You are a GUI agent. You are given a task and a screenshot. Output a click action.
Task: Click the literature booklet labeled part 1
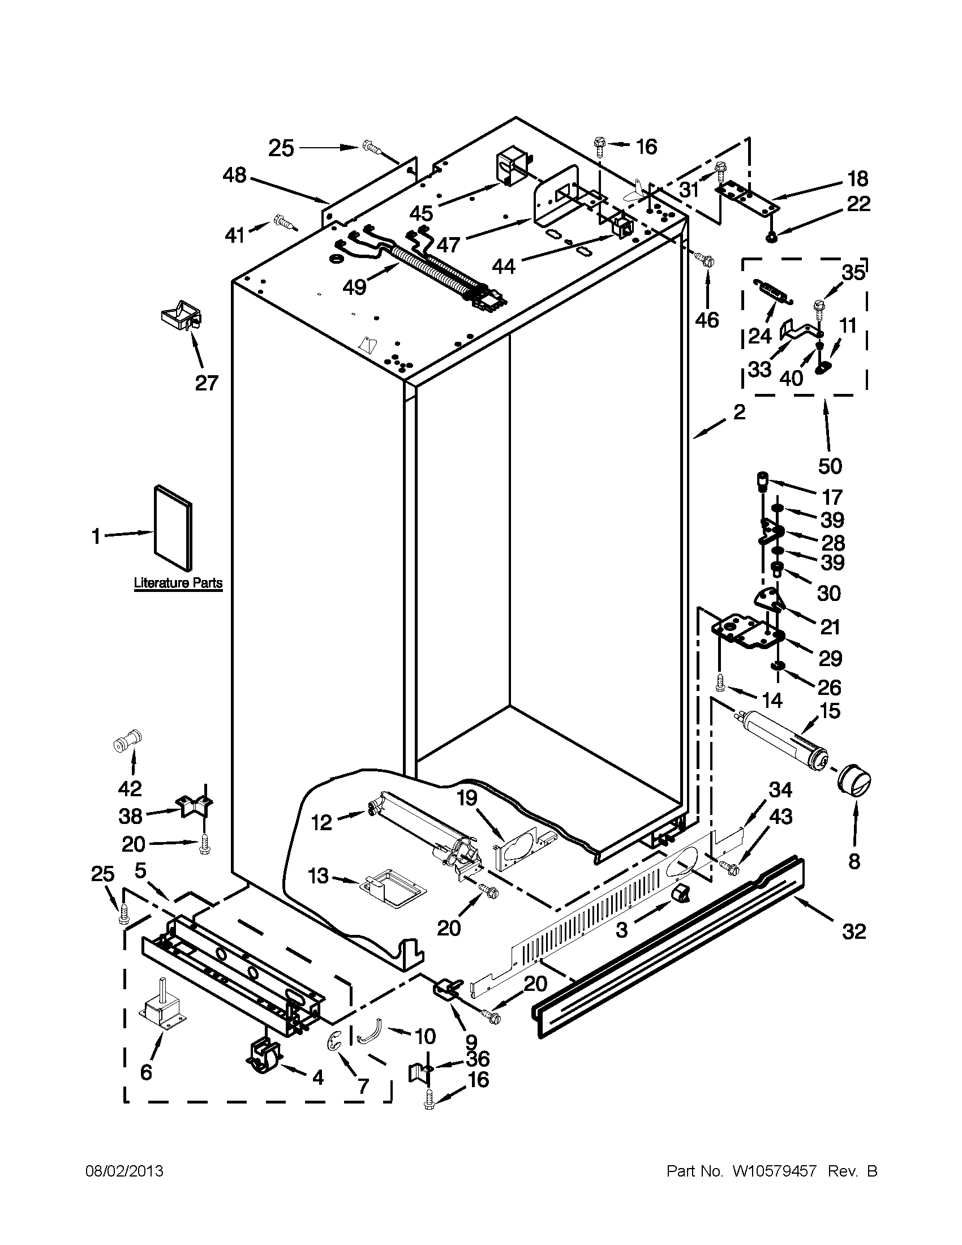173,527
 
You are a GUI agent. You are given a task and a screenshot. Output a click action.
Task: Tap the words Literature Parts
178,583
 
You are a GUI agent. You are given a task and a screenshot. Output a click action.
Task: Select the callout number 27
207,383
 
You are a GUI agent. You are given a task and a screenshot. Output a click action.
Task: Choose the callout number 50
830,466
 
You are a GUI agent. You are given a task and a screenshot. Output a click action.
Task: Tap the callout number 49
354,287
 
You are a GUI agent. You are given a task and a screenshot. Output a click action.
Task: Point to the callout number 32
853,931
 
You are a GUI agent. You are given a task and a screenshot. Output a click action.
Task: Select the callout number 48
234,175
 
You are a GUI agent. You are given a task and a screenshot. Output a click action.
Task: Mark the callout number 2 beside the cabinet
739,411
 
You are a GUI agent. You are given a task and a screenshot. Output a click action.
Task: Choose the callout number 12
321,823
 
